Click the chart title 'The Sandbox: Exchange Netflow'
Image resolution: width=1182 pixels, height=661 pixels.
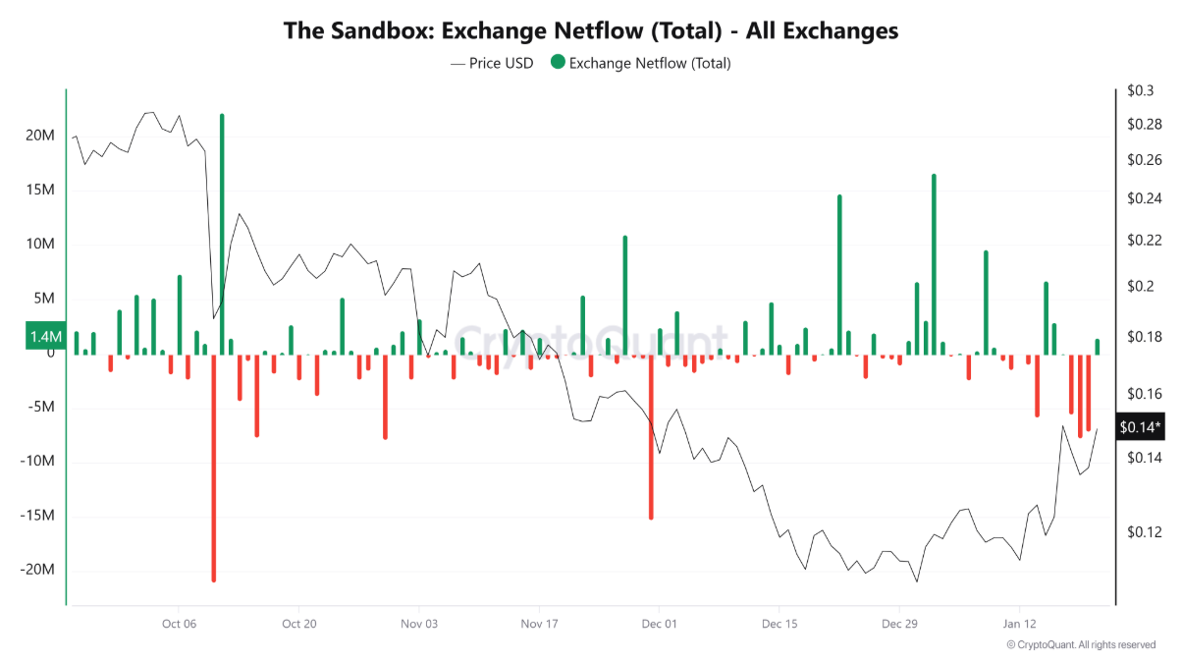pos(590,30)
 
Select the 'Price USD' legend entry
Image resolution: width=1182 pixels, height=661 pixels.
pos(492,63)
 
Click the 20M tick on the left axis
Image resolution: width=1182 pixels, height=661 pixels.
pos(40,136)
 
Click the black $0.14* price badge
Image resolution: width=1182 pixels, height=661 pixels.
pos(1140,426)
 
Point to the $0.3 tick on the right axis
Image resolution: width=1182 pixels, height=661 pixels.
pos(1141,91)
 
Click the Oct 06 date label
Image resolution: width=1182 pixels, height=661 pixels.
pos(178,624)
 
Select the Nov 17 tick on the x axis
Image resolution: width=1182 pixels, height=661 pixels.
pos(538,624)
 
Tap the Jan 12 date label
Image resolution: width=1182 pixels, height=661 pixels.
pos(1019,624)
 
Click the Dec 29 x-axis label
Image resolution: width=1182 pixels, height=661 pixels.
pos(898,624)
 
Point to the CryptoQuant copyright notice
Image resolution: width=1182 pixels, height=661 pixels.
pos(1081,645)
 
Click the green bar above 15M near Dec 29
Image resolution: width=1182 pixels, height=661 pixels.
pos(934,264)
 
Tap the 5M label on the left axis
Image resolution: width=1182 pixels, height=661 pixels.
pos(44,299)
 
